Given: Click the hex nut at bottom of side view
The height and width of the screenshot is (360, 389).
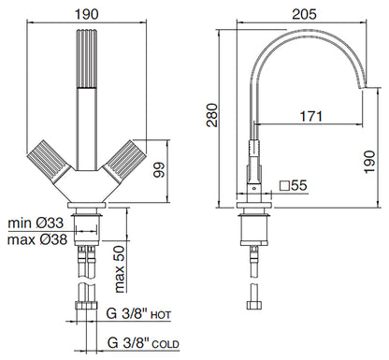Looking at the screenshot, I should coord(252,305).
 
